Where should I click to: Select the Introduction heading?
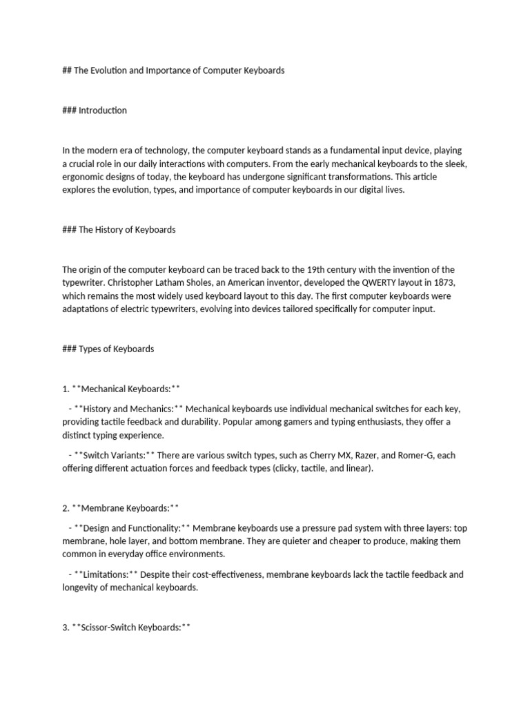102,110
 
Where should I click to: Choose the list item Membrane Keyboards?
125,508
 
